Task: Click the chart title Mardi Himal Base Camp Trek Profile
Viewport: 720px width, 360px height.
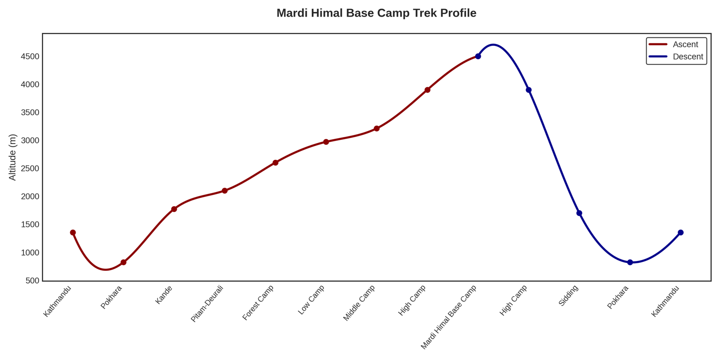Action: (376, 13)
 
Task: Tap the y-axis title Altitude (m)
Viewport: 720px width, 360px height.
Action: (13, 157)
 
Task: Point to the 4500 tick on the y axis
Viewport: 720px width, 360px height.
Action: (30, 57)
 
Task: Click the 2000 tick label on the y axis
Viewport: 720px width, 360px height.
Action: (30, 197)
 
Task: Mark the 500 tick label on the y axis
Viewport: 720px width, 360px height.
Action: (32, 281)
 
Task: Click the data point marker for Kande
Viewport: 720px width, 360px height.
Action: (174, 209)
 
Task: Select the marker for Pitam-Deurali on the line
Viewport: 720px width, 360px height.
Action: (225, 191)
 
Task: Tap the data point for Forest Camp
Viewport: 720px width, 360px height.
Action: (275, 162)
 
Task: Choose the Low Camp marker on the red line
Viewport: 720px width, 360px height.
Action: (326, 142)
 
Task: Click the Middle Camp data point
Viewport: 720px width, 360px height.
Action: (377, 129)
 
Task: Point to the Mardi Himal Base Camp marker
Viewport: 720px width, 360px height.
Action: (478, 56)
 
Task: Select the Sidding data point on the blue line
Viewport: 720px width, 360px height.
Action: (579, 213)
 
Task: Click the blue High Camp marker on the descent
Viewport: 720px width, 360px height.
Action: (529, 90)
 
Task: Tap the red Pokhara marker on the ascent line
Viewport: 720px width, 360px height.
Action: (123, 262)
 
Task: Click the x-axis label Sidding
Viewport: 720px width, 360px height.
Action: (568, 296)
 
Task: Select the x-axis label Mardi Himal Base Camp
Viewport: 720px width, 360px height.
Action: (448, 317)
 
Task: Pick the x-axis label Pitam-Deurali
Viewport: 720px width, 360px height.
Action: (207, 304)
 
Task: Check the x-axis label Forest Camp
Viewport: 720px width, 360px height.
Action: (258, 303)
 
